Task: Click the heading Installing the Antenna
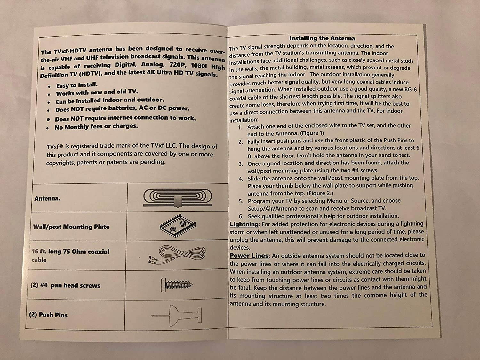pyautogui.click(x=322, y=38)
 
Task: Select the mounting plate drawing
pyautogui.click(x=178, y=225)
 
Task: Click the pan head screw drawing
pyautogui.click(x=177, y=285)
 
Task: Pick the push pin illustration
pyautogui.click(x=176, y=316)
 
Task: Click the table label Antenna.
pyautogui.click(x=47, y=198)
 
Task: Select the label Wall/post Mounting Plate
pyautogui.click(x=71, y=227)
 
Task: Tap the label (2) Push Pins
pyautogui.click(x=48, y=315)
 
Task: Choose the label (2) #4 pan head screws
pyautogui.click(x=65, y=285)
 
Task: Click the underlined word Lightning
pyautogui.click(x=244, y=224)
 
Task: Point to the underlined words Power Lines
pyautogui.click(x=249, y=256)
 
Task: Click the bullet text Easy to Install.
pyautogui.click(x=77, y=85)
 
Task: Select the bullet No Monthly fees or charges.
pyautogui.click(x=96, y=126)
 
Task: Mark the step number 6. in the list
pyautogui.click(x=241, y=216)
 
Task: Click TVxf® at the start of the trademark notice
pyautogui.click(x=55, y=147)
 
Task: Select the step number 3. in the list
pyautogui.click(x=241, y=164)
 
